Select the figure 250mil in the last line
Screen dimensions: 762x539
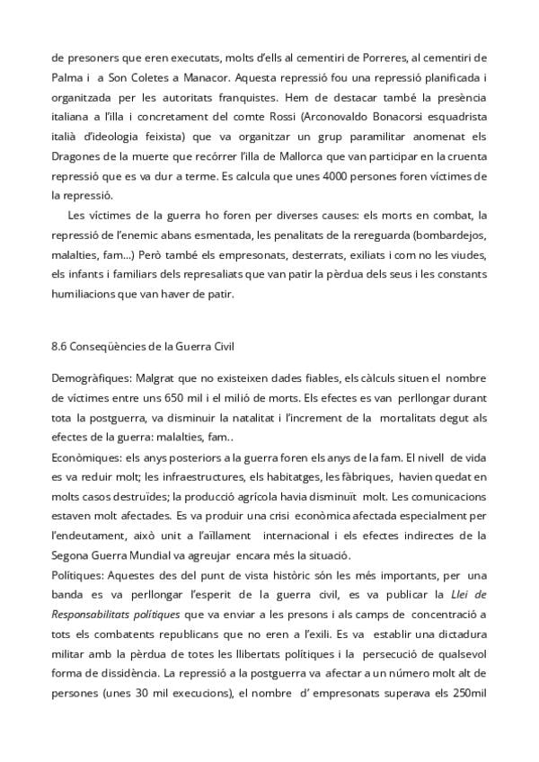coord(466,709)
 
